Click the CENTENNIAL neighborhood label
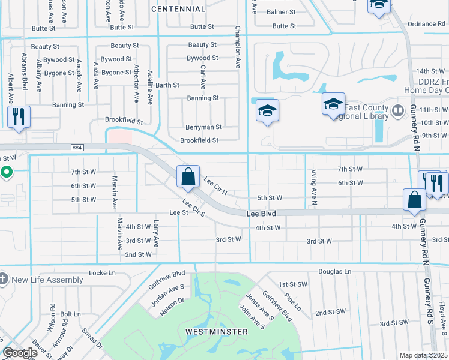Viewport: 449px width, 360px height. [178, 9]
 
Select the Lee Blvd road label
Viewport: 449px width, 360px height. [261, 214]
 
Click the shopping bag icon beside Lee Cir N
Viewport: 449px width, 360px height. [188, 177]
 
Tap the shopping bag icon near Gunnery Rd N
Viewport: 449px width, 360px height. [415, 201]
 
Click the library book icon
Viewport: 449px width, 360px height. [397, 111]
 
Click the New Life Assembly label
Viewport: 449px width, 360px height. [47, 280]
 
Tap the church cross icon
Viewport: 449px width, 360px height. [4, 279]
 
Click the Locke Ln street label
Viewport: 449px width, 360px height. [101, 273]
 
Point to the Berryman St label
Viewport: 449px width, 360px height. [203, 127]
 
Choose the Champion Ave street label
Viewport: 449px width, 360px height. [238, 46]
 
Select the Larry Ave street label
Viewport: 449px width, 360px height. [155, 233]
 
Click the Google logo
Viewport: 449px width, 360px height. [20, 353]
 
